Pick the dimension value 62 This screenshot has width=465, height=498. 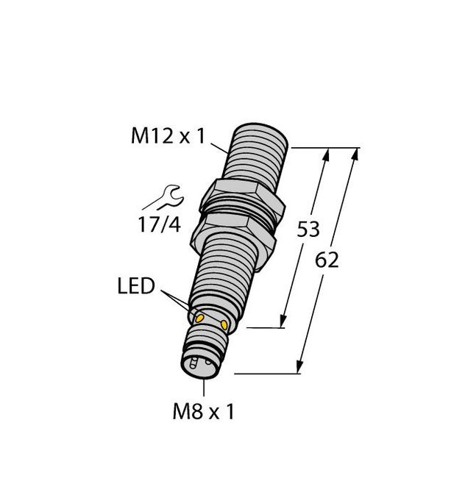327,260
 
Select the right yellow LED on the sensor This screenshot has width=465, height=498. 223,323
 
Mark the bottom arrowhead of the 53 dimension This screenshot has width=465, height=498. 283,321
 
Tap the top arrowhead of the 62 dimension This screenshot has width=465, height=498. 355,155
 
